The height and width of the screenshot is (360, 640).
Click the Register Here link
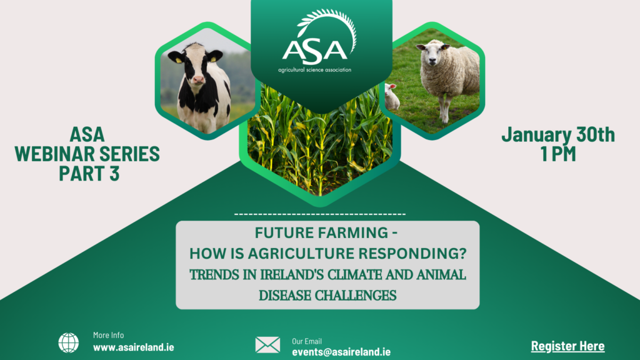[567, 346]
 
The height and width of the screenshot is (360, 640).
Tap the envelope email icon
[267, 345]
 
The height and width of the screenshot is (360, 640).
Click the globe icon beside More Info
[69, 342]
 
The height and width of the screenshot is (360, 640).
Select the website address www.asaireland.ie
[134, 347]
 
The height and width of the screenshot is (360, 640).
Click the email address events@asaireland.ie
[341, 352]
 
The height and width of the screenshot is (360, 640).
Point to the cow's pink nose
[198, 79]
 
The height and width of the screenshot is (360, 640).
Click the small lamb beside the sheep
[391, 96]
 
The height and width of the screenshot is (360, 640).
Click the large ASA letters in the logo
[315, 52]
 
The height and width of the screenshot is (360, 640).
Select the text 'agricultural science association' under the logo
[315, 70]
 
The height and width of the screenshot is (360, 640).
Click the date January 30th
[558, 135]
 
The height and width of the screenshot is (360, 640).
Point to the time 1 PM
[558, 154]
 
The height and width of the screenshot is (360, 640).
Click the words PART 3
[89, 173]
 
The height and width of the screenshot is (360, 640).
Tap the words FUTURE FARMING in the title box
[322, 233]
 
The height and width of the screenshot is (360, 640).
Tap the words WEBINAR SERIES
[87, 154]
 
